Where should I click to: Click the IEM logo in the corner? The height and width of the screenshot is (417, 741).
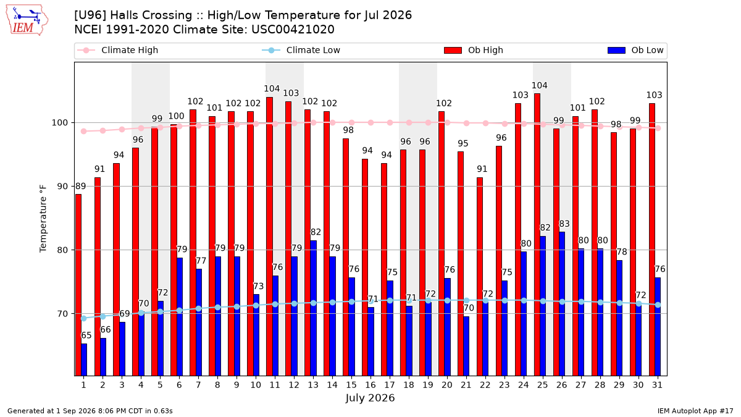(x=27, y=20)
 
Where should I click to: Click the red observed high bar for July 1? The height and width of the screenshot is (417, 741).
(x=78, y=285)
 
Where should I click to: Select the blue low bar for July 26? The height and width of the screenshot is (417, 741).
(x=562, y=304)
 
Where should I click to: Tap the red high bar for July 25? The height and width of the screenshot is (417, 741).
(x=537, y=235)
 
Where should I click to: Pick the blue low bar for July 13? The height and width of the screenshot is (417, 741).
(x=314, y=308)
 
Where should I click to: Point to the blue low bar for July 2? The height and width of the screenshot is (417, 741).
(x=103, y=357)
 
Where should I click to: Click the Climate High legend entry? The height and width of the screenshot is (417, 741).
(x=118, y=50)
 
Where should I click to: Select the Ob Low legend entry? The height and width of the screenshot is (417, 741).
(x=635, y=50)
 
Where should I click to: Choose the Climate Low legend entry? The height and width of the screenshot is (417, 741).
(x=301, y=50)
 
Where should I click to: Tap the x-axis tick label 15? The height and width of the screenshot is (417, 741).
(x=351, y=385)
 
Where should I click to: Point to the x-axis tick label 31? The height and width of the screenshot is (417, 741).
(x=657, y=385)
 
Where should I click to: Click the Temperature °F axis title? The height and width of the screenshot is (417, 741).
(x=43, y=219)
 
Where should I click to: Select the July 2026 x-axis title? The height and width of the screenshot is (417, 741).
(x=370, y=398)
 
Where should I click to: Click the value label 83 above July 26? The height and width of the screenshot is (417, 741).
(x=564, y=224)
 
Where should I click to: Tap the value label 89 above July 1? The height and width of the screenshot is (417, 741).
(x=81, y=187)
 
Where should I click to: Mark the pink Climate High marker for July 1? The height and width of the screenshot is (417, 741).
(x=84, y=132)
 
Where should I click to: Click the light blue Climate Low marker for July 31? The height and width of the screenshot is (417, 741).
(x=658, y=305)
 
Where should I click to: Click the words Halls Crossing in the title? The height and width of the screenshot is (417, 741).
(x=151, y=15)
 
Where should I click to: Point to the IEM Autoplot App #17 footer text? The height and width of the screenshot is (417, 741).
(x=695, y=411)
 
